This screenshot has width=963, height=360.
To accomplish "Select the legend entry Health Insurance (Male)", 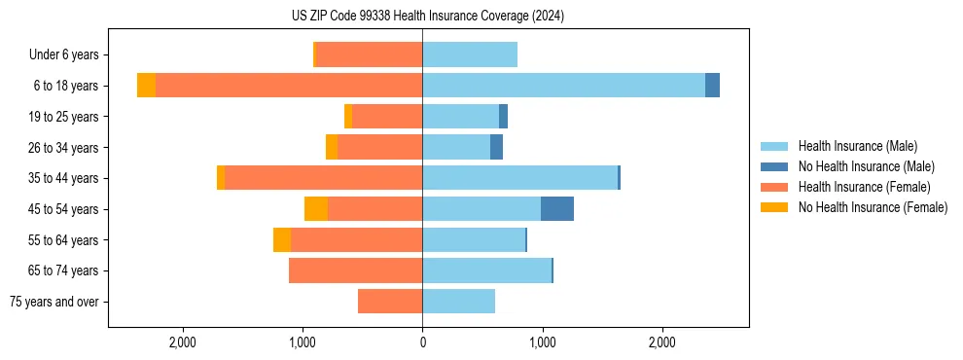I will click(x=857, y=146).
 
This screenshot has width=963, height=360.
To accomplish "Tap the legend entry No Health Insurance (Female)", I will click(x=873, y=207).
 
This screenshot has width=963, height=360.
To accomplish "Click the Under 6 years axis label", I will click(x=69, y=54).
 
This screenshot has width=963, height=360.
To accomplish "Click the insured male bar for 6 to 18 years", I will click(x=563, y=86).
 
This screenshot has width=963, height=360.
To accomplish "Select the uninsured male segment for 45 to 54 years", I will click(x=557, y=209).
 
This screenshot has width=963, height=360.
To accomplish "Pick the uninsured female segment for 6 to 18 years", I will click(x=146, y=86).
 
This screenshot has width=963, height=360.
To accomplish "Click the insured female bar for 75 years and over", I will click(x=390, y=302).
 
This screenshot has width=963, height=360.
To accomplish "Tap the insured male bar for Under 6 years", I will click(x=470, y=54).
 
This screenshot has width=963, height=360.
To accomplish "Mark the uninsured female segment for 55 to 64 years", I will click(x=282, y=240).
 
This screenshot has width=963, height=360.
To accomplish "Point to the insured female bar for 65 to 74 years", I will click(x=355, y=270).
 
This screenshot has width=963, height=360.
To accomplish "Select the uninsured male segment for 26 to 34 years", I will click(x=496, y=147).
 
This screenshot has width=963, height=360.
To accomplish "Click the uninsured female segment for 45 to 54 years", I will click(x=316, y=209).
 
